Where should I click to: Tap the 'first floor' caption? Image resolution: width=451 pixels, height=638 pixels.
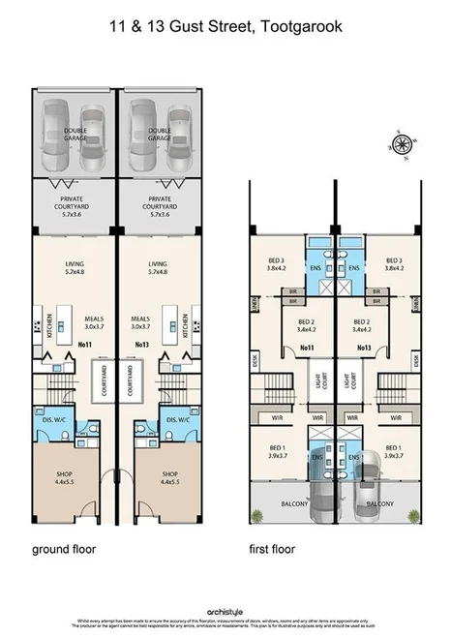click(274, 549)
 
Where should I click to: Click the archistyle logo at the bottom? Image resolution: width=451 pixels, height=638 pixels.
click(225, 611)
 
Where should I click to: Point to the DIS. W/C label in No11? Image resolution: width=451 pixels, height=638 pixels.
click(57, 419)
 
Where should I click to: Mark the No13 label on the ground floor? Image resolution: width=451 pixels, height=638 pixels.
click(141, 344)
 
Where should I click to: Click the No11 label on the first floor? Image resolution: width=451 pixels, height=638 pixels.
click(308, 348)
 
